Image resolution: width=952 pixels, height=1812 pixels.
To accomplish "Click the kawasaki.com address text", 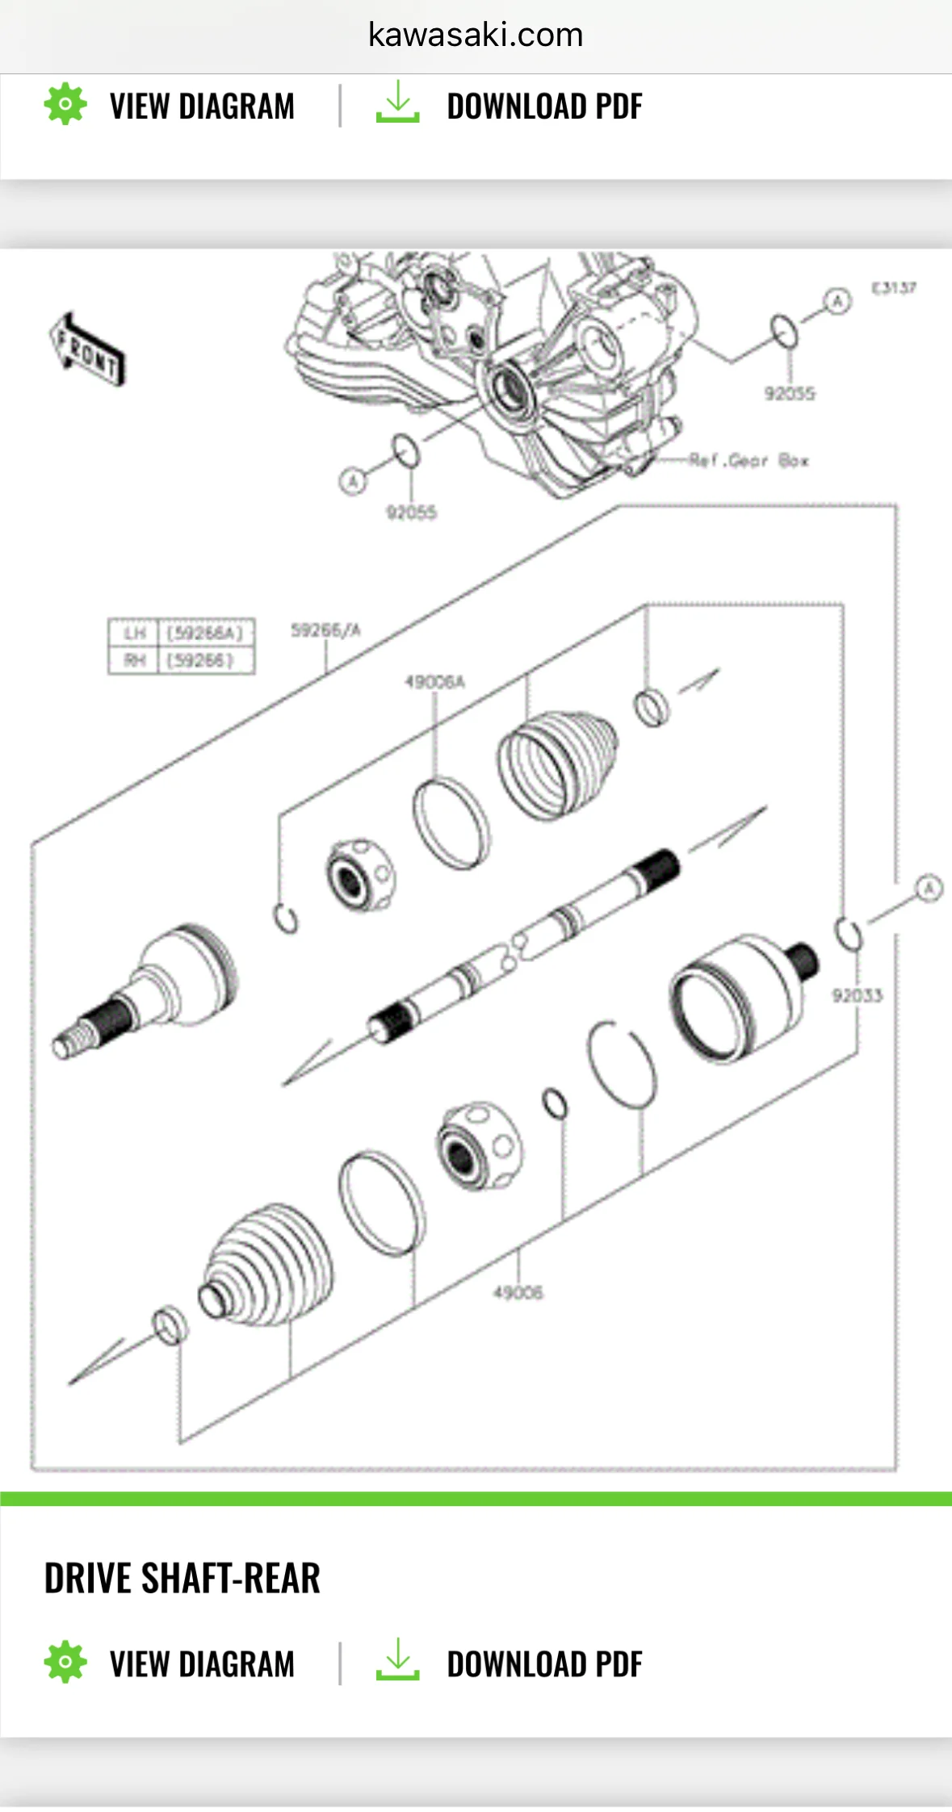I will click(x=476, y=35).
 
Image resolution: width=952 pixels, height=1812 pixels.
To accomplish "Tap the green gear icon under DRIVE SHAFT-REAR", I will click(x=65, y=1662).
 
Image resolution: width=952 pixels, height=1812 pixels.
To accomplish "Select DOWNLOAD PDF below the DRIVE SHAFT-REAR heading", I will click(x=544, y=1664).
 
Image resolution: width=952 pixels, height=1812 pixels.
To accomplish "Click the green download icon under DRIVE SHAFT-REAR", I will click(x=397, y=1660).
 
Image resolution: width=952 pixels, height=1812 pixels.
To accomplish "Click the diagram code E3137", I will click(x=893, y=288).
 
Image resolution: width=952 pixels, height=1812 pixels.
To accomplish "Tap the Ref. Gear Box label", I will click(x=749, y=461).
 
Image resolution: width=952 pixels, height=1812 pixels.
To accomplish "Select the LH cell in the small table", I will click(x=134, y=633).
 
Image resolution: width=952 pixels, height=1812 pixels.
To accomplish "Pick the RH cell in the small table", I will click(x=134, y=660).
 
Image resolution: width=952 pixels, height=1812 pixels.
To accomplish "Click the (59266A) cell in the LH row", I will click(x=205, y=633).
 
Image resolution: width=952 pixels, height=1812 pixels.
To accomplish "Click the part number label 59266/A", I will click(x=325, y=630).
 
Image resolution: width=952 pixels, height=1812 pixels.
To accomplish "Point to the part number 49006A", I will click(x=434, y=683).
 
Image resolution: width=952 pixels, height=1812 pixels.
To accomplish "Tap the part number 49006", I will click(x=518, y=1292).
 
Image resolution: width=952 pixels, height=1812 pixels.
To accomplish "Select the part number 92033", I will click(x=858, y=995).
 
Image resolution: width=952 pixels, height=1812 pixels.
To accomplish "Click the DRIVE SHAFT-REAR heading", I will click(x=182, y=1579).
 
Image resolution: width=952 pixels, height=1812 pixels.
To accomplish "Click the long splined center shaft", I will click(x=525, y=944).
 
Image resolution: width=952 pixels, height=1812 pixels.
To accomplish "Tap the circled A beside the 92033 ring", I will click(x=929, y=889).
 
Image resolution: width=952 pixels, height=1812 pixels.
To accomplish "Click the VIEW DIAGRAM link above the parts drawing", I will click(x=202, y=107).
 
